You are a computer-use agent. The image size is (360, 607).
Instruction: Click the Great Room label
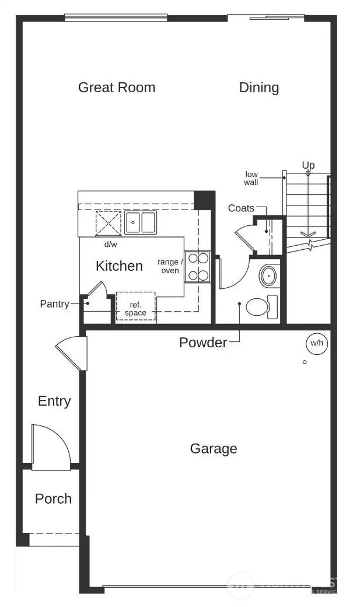click(x=117, y=88)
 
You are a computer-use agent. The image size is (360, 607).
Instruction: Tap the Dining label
click(x=259, y=88)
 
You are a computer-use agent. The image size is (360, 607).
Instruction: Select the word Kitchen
click(x=119, y=266)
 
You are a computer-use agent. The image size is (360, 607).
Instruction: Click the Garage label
click(x=214, y=449)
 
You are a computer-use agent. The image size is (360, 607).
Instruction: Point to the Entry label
click(x=54, y=401)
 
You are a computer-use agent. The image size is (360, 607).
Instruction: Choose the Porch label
click(x=53, y=499)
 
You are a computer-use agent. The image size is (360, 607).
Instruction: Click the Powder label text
click(x=203, y=343)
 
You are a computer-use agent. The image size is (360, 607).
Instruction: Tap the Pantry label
click(x=54, y=304)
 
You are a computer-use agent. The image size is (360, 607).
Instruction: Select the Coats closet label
click(x=241, y=208)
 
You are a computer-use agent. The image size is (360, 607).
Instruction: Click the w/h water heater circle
click(x=317, y=343)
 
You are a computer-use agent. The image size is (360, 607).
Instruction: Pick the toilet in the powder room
click(x=260, y=306)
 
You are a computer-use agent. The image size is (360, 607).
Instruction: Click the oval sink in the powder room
click(x=268, y=276)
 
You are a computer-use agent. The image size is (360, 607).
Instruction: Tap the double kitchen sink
click(x=140, y=222)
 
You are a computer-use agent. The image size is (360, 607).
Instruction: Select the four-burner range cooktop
click(x=197, y=267)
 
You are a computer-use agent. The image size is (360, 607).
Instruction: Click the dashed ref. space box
click(x=135, y=305)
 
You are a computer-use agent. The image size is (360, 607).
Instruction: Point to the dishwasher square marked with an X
click(x=108, y=223)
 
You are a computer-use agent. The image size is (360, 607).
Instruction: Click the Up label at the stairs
click(x=308, y=165)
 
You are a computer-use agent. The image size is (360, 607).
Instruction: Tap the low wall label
click(x=251, y=178)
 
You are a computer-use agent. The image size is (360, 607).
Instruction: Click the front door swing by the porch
click(x=51, y=446)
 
